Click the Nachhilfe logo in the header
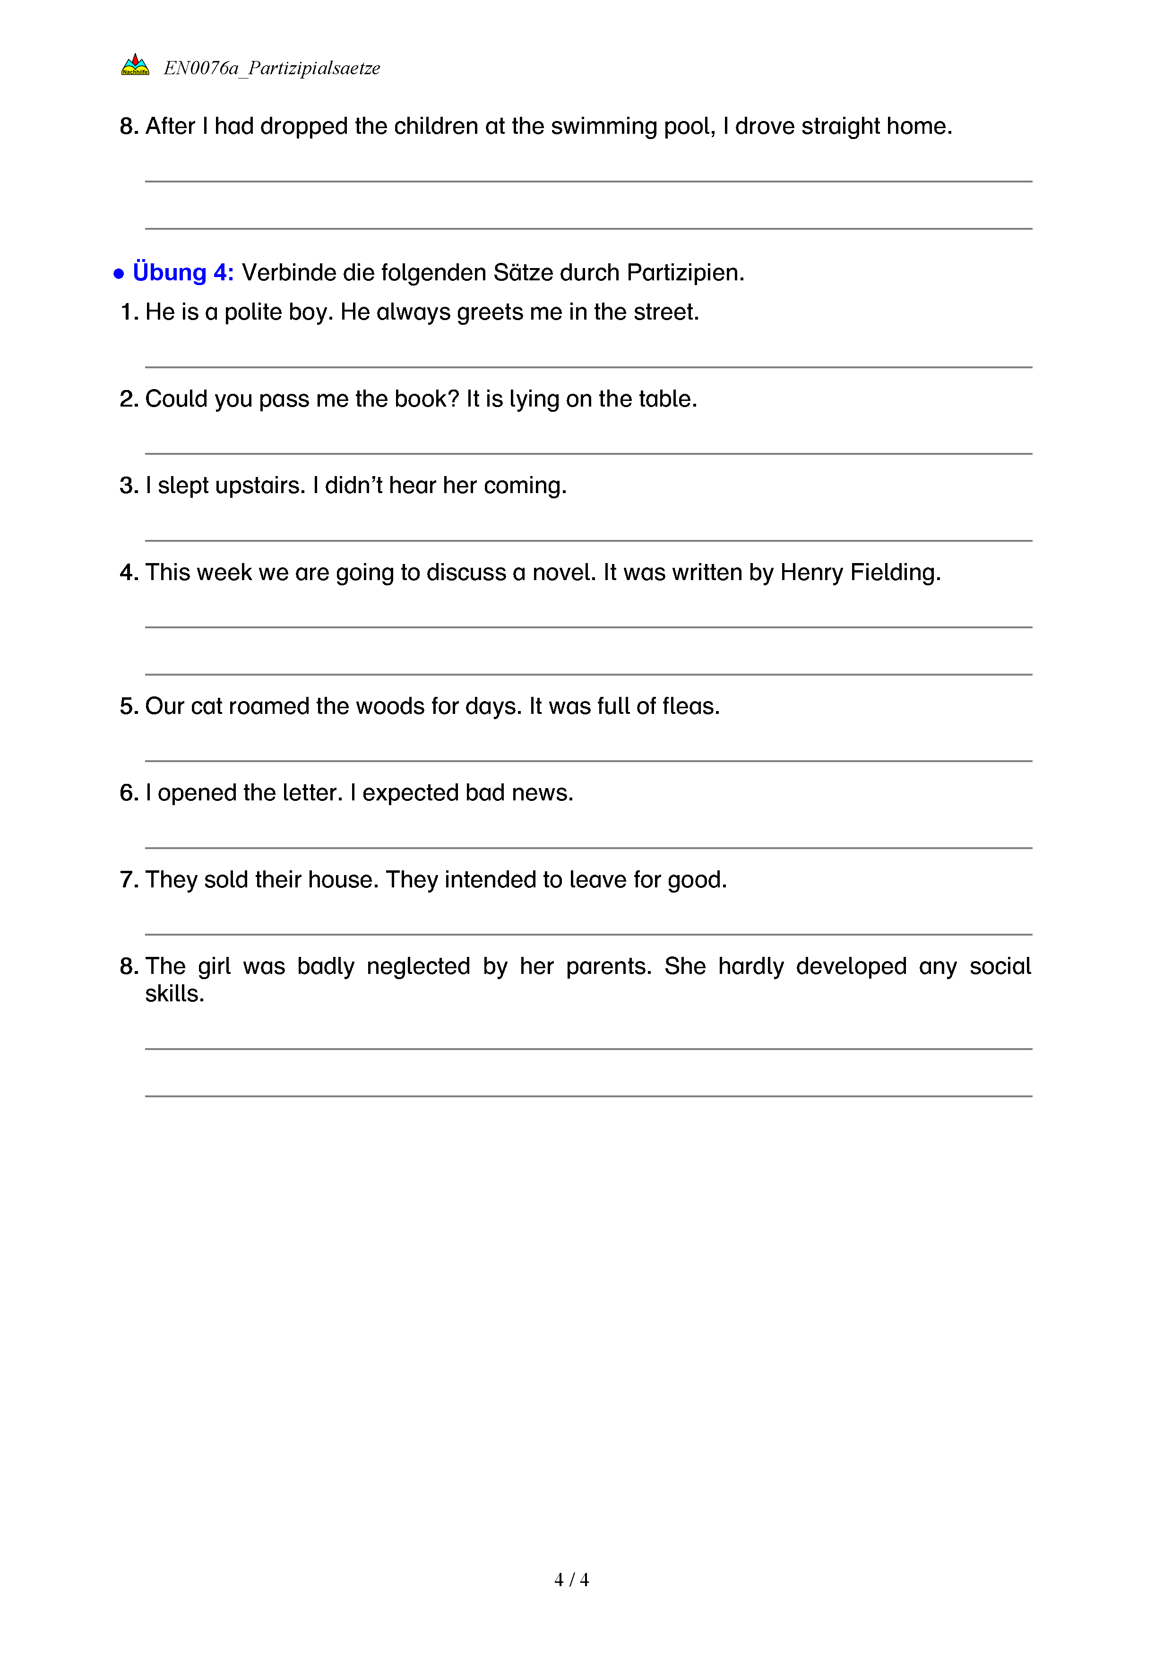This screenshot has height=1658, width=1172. pos(135,65)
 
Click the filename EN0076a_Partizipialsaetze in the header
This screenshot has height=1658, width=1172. pos(271,68)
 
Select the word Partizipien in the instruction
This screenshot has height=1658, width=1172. pos(684,272)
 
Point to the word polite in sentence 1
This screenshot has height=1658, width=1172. pos(255,312)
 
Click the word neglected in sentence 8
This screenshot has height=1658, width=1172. pos(419,966)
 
